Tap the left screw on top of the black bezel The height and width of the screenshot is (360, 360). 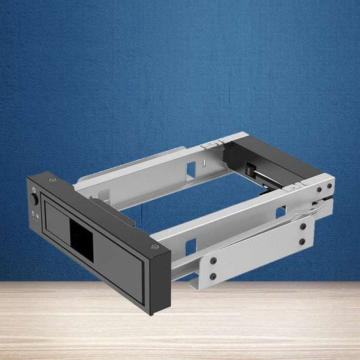click(x=52, y=180)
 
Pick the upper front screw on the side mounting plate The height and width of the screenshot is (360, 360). click(x=214, y=260)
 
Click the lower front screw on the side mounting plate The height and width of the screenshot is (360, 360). click(x=214, y=276)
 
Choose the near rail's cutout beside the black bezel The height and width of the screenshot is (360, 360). click(x=191, y=248)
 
